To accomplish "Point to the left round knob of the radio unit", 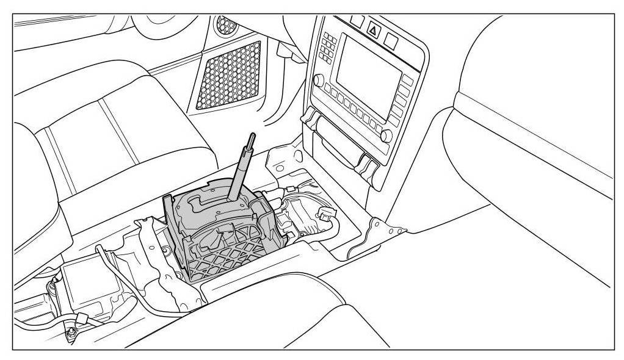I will [318, 80].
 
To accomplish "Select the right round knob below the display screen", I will [386, 135].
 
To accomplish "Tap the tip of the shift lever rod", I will [250, 137].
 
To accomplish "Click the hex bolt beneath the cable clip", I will [72, 333].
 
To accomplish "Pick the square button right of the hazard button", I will [391, 40].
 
